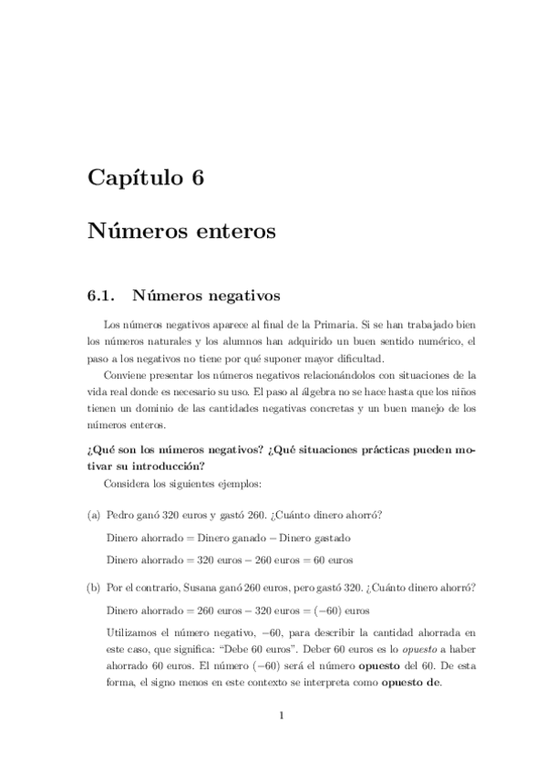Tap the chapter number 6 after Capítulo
pos(197,177)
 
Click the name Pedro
pos(121,516)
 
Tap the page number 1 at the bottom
pos(283,716)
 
